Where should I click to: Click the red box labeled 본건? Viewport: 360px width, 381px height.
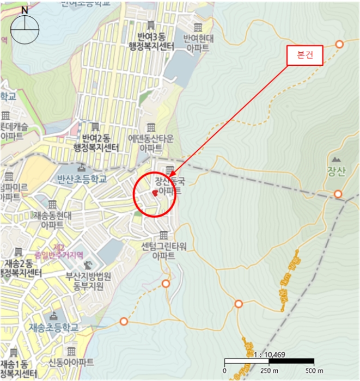[x=304, y=56]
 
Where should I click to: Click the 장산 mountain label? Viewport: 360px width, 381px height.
[x=337, y=174]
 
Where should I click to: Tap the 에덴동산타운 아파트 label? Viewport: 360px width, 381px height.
[x=150, y=143]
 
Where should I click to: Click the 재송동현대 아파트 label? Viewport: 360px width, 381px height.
[x=52, y=219]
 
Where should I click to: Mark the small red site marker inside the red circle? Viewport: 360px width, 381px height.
[x=155, y=193]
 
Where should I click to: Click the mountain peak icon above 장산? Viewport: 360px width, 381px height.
[x=337, y=159]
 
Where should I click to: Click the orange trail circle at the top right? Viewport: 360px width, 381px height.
[x=339, y=44]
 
